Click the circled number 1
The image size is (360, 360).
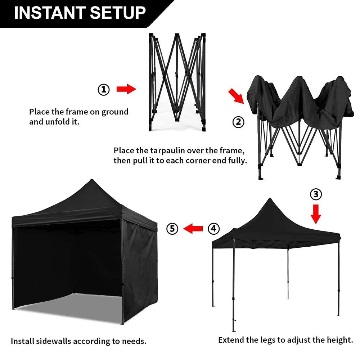coord(104,89)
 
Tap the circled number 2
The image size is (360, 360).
coord(238,122)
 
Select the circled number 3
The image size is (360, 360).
coord(316,194)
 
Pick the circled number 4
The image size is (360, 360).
coord(213,228)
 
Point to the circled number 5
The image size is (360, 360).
coord(172,228)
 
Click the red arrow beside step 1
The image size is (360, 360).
coord(126,89)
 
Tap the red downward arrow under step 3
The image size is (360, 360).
coord(316,214)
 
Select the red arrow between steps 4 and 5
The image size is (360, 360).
coord(193,228)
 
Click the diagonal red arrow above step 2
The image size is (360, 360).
coord(236,96)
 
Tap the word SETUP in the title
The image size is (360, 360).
coord(118,13)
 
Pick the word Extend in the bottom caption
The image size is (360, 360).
coord(230,339)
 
